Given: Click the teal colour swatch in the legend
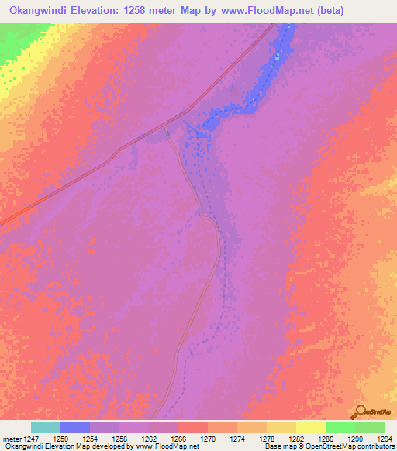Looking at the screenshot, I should pyautogui.click(x=46, y=427).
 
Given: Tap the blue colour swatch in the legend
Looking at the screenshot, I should pyautogui.click(x=75, y=427).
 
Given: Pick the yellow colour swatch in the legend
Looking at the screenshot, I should pyautogui.click(x=310, y=427).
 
